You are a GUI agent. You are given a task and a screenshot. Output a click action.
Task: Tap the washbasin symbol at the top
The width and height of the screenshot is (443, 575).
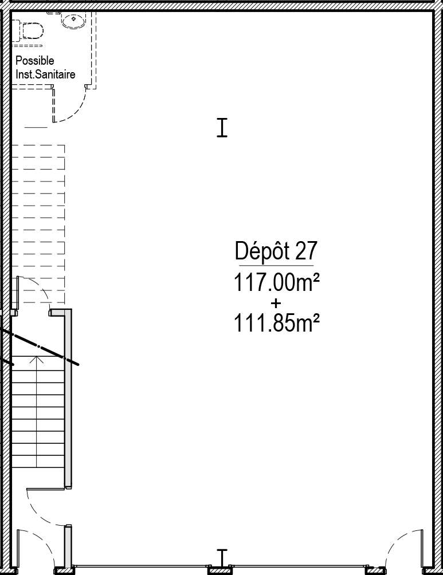[x=74, y=21]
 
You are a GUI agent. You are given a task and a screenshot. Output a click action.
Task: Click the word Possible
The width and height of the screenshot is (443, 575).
[x=35, y=61]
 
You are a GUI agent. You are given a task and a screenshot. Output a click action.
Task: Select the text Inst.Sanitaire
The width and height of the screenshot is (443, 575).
[x=45, y=74]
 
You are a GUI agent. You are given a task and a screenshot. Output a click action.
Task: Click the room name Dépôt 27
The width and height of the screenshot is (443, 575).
[x=276, y=251]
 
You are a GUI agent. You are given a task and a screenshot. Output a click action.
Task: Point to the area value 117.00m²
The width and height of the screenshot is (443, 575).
[x=276, y=282]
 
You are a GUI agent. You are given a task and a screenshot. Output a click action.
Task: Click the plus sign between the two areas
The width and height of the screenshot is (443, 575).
[x=276, y=304]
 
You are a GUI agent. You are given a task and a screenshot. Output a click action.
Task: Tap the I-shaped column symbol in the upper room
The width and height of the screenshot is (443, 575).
[x=222, y=128]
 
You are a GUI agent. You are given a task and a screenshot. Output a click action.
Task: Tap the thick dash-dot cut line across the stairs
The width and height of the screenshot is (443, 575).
[x=40, y=346]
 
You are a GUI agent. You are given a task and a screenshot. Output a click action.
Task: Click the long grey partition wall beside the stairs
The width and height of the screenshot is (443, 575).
[x=68, y=399]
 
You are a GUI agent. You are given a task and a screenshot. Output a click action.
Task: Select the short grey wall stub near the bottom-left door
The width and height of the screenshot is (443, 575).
[x=68, y=546]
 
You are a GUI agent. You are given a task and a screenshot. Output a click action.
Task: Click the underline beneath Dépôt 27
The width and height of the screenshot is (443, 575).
[x=276, y=265]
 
